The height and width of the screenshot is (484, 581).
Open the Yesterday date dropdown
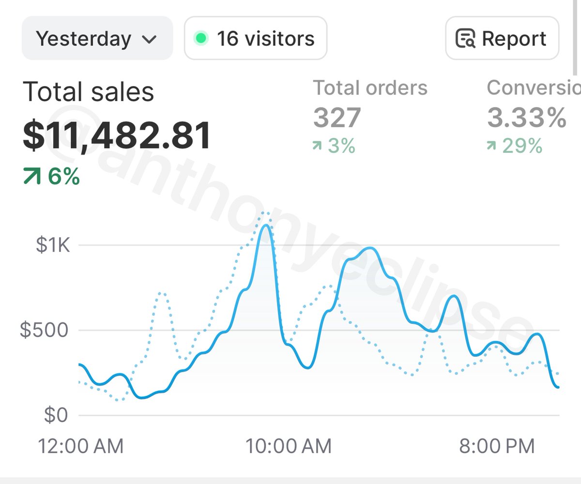pyautogui.click(x=97, y=38)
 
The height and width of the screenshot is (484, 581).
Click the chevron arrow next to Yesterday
pyautogui.click(x=150, y=39)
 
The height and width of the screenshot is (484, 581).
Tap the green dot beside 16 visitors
pyautogui.click(x=200, y=38)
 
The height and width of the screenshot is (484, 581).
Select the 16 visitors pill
pyautogui.click(x=255, y=38)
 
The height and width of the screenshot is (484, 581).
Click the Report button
pyautogui.click(x=502, y=38)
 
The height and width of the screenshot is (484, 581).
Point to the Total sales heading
pyautogui.click(x=88, y=91)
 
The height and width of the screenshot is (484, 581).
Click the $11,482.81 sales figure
pyautogui.click(x=117, y=136)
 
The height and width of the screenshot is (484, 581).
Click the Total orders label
pyautogui.click(x=370, y=88)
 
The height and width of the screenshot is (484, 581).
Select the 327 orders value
pyautogui.click(x=337, y=118)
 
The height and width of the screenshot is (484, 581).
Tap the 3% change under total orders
pyautogui.click(x=334, y=145)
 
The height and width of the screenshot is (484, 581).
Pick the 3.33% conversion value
pyautogui.click(x=526, y=118)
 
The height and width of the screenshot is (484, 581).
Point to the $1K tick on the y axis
pyautogui.click(x=53, y=245)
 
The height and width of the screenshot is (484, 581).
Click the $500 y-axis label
pyautogui.click(x=45, y=330)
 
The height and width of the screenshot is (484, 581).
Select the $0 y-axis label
pyautogui.click(x=56, y=415)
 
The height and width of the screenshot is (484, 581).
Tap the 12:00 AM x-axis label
pyautogui.click(x=81, y=446)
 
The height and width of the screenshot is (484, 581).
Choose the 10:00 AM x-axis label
pyautogui.click(x=289, y=446)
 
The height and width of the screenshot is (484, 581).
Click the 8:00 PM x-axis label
pyautogui.click(x=497, y=446)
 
